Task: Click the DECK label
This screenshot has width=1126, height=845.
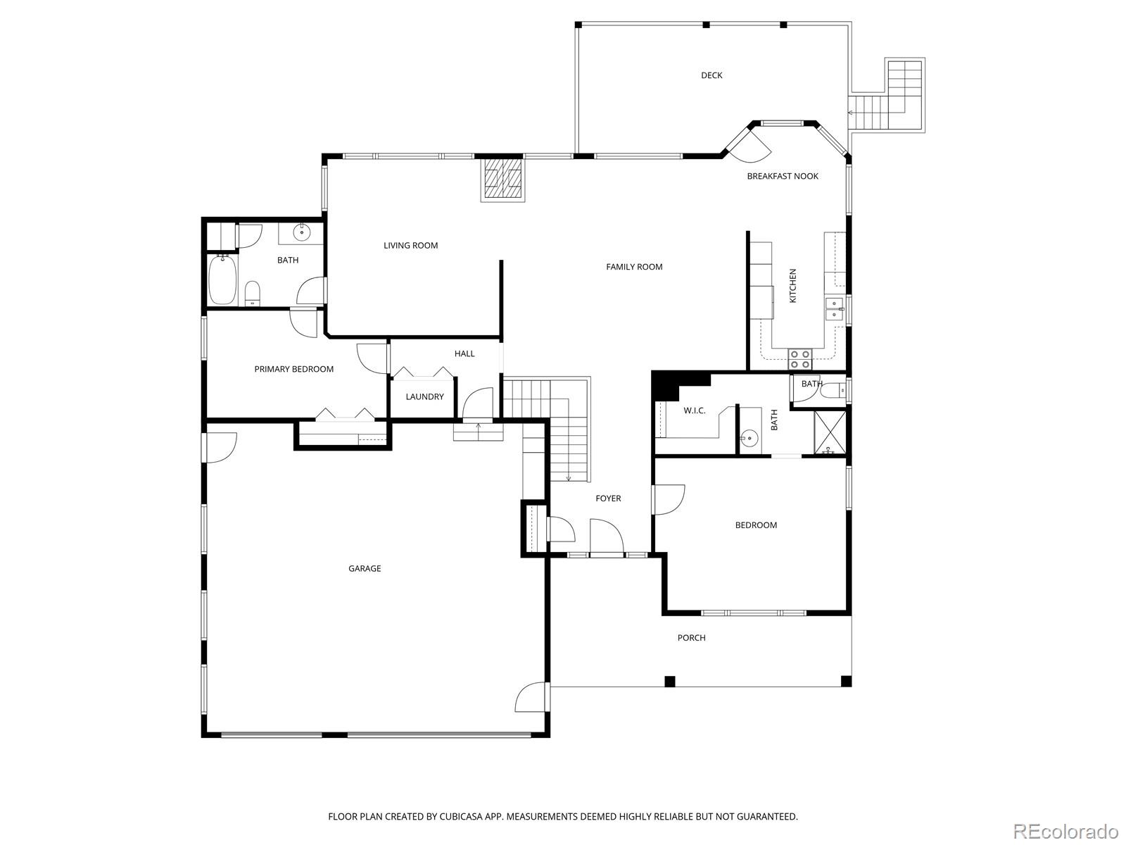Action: click(x=711, y=75)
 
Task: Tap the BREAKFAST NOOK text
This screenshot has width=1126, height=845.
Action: click(x=783, y=176)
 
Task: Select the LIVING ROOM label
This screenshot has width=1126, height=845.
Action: click(x=410, y=245)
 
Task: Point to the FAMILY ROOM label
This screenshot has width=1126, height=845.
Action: click(x=634, y=267)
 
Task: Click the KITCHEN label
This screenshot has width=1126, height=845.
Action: click(x=792, y=286)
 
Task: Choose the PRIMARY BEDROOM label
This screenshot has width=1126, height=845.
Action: click(x=294, y=369)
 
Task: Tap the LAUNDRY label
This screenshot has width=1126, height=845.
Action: click(x=425, y=396)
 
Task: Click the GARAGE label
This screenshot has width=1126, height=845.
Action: click(x=365, y=568)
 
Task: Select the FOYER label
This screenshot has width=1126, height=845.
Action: click(x=609, y=498)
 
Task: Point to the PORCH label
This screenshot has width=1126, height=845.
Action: click(x=692, y=638)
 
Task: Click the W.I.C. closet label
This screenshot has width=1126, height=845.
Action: click(x=695, y=411)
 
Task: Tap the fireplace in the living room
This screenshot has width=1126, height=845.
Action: click(x=502, y=179)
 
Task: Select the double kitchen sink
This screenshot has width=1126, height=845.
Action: click(x=835, y=309)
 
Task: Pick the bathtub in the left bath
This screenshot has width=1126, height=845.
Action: click(x=223, y=280)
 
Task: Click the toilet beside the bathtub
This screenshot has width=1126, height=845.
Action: click(x=253, y=294)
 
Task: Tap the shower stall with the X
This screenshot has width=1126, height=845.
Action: click(x=830, y=432)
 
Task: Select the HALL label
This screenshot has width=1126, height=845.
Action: click(x=464, y=353)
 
